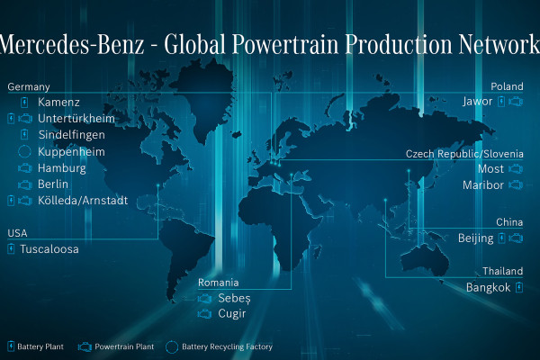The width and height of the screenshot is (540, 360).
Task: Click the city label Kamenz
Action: click(x=58, y=102)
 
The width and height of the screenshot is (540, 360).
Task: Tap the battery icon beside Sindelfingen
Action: click(x=24, y=134)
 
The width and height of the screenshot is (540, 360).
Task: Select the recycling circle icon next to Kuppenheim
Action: click(x=24, y=151)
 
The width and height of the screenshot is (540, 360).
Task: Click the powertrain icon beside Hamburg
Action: click(x=25, y=168)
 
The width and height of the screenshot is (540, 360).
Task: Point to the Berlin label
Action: click(x=53, y=184)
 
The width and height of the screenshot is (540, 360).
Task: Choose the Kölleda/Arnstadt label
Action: click(x=83, y=200)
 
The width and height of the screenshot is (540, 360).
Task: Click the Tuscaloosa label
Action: click(x=49, y=248)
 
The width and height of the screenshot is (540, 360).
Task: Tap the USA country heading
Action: click(x=17, y=233)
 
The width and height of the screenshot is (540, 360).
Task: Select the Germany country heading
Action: click(x=29, y=86)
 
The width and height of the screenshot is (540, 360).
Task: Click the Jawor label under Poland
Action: click(x=477, y=102)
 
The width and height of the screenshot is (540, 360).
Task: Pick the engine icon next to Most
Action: click(x=516, y=169)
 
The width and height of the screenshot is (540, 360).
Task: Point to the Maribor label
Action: click(x=483, y=185)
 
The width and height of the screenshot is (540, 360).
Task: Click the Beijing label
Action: click(x=475, y=238)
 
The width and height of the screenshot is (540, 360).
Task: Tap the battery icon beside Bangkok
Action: click(x=519, y=287)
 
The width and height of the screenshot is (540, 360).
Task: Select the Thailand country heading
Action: click(x=502, y=271)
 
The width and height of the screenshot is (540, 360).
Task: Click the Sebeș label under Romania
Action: click(x=234, y=298)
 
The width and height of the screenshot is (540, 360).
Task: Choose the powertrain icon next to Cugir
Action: click(x=204, y=314)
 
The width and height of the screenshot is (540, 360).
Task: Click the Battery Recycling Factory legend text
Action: click(x=227, y=346)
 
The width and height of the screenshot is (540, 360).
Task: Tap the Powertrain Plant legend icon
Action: click(x=85, y=346)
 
